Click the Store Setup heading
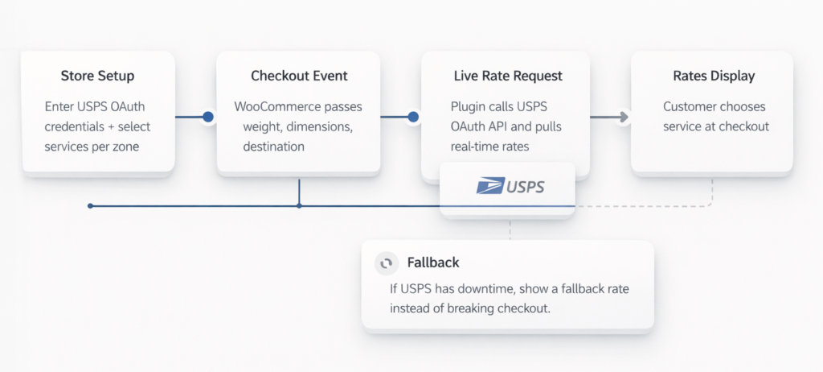coord(97,76)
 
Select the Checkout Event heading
coord(299,76)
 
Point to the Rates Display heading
coord(711,76)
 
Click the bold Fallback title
coord(433,263)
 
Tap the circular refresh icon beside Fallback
coord(387,263)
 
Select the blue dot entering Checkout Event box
coord(208,117)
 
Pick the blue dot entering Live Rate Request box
coord(414,117)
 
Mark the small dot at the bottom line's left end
coord(90,206)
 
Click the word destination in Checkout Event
coord(273,147)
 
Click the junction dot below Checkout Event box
coord(299,206)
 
